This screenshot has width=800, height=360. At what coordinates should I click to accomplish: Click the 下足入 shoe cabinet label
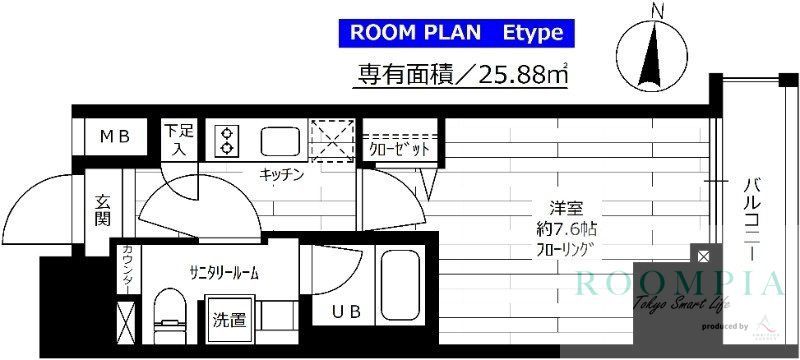(181, 139)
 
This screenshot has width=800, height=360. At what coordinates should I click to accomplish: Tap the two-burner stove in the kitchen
(225, 140)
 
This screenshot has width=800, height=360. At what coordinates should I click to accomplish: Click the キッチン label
(280, 172)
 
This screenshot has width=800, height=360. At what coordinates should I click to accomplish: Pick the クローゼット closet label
(400, 149)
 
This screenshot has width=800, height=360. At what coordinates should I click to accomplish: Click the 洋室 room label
(569, 209)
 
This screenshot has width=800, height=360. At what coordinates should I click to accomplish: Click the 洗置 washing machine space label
(229, 321)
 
